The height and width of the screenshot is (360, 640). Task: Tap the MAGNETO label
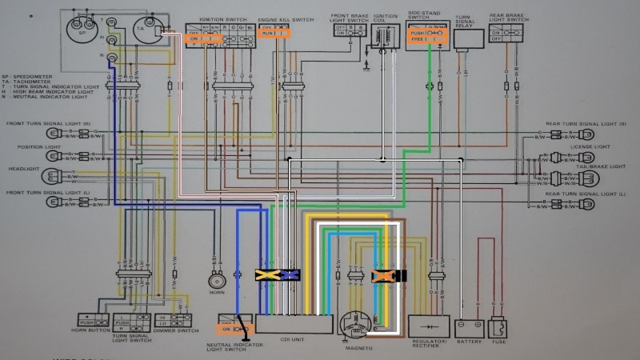pyautogui.click(x=358, y=349)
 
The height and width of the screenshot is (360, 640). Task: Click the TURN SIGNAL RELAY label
pyautogui.click(x=464, y=20)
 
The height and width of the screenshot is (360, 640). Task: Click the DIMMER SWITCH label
pyautogui.click(x=176, y=330)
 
